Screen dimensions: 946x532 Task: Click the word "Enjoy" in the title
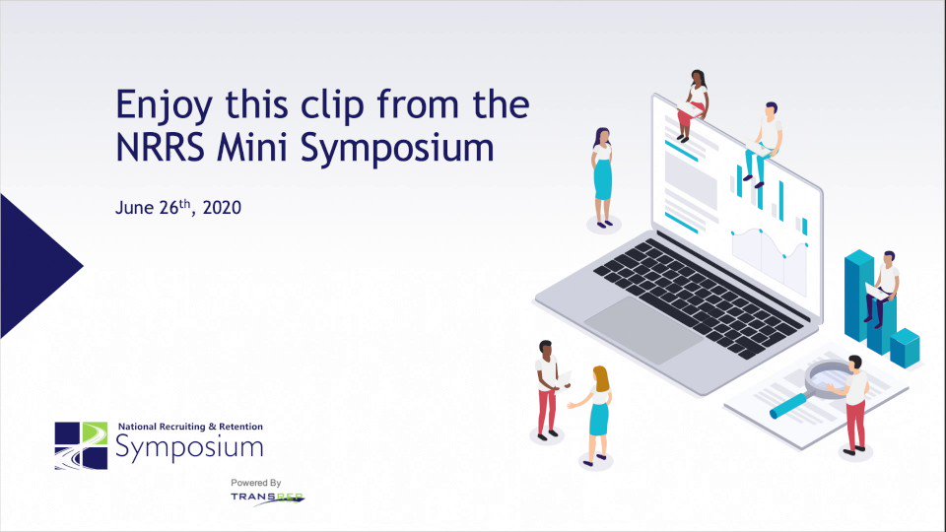(x=164, y=105)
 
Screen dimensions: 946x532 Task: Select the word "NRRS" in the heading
(x=160, y=147)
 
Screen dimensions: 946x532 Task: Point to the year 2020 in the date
(x=222, y=208)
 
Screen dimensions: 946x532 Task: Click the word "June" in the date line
(x=135, y=208)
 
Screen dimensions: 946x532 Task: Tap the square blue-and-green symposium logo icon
(x=81, y=445)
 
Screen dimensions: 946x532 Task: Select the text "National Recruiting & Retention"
(x=190, y=427)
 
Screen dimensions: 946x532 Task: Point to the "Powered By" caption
(x=256, y=483)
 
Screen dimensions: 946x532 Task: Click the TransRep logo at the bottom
(x=268, y=499)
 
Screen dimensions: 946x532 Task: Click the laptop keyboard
(x=700, y=297)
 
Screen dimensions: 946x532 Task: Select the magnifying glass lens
(x=829, y=377)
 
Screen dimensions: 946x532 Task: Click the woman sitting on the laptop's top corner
(x=693, y=105)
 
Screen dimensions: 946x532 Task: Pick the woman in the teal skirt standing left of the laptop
(x=603, y=177)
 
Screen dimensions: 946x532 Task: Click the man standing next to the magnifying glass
(x=853, y=404)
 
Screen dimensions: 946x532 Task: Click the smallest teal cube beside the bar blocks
(x=905, y=348)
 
